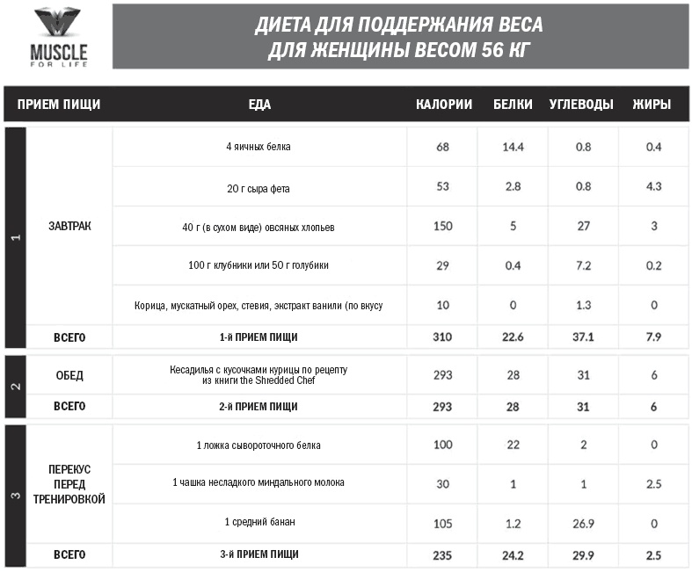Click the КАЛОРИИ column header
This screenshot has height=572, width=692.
click(x=444, y=105)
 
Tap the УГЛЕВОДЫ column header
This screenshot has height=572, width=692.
click(x=581, y=105)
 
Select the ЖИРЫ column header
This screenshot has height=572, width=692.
click(x=652, y=105)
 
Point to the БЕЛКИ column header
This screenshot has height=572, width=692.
click(x=513, y=105)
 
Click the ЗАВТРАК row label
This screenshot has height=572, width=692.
click(x=69, y=227)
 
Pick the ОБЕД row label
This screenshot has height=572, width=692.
click(x=69, y=375)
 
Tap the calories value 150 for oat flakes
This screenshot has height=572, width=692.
click(x=443, y=227)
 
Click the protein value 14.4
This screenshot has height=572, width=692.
click(x=513, y=147)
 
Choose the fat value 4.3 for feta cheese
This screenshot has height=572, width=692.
click(x=653, y=186)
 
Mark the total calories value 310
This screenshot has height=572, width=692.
click(x=442, y=337)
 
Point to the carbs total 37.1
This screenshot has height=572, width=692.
click(x=583, y=337)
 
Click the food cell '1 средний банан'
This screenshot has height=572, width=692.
click(x=259, y=522)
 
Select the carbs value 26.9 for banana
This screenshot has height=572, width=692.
click(x=583, y=522)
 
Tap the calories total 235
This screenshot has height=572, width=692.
click(x=442, y=554)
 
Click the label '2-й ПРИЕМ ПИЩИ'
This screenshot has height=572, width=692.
click(x=259, y=407)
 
